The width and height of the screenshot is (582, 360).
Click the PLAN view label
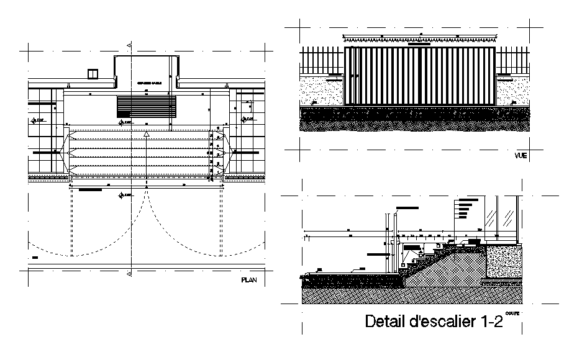[x=248, y=281]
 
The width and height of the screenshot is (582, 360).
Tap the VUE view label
[x=520, y=156]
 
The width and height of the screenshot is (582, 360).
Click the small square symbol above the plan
[x=93, y=73]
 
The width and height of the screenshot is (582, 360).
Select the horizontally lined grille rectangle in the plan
[x=147, y=106]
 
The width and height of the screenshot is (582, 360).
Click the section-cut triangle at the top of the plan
[x=129, y=45]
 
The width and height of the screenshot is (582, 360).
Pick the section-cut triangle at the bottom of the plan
[x=129, y=273]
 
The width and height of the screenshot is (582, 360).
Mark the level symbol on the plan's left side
[x=34, y=119]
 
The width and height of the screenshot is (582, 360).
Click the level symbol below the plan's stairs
[x=121, y=196]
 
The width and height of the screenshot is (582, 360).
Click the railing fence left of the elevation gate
[x=322, y=62]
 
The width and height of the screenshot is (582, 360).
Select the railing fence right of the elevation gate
[x=512, y=62]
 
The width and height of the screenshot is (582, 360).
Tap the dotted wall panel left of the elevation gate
[x=322, y=90]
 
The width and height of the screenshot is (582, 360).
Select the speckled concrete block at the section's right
[x=503, y=261]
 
